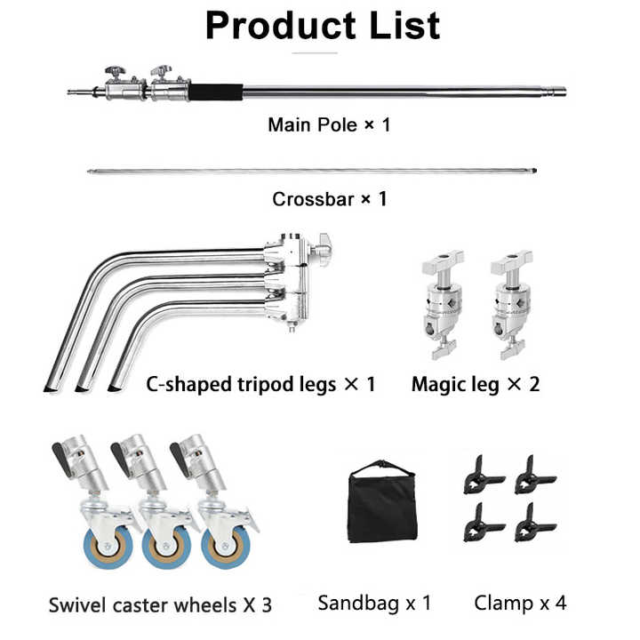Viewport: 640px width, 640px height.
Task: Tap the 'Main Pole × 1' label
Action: [x=329, y=124]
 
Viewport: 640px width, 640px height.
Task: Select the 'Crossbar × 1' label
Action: [x=330, y=198]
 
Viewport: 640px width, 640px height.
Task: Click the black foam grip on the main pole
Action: [x=217, y=91]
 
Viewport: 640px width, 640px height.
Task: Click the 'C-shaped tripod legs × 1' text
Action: [x=260, y=385]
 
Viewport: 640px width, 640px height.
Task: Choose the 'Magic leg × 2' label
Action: [x=476, y=385]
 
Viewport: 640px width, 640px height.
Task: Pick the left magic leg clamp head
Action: [x=443, y=302]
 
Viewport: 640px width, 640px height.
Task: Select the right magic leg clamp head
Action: [x=511, y=302]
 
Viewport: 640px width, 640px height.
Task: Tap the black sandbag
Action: [x=383, y=505]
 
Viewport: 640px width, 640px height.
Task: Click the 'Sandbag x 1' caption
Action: [x=374, y=603]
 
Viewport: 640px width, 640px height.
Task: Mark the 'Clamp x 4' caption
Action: [x=520, y=603]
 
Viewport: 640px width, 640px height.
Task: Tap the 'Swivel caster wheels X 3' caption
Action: [x=159, y=605]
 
